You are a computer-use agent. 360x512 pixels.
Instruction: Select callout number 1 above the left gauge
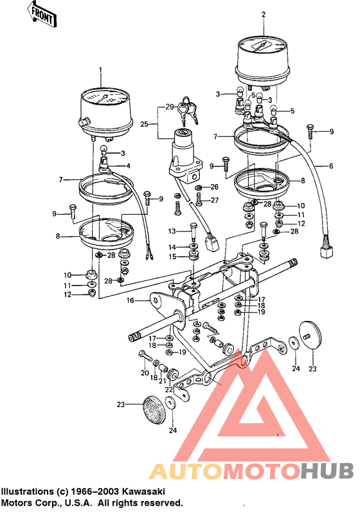coord(100,69)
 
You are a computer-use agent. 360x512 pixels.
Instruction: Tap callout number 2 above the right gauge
coord(262,14)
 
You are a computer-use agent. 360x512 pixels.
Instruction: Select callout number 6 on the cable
coord(331,166)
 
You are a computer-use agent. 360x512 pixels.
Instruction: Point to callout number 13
coord(172,231)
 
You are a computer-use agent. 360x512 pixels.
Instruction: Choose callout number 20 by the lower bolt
coord(144,372)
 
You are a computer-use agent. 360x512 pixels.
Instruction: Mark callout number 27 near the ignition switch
coord(215,200)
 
